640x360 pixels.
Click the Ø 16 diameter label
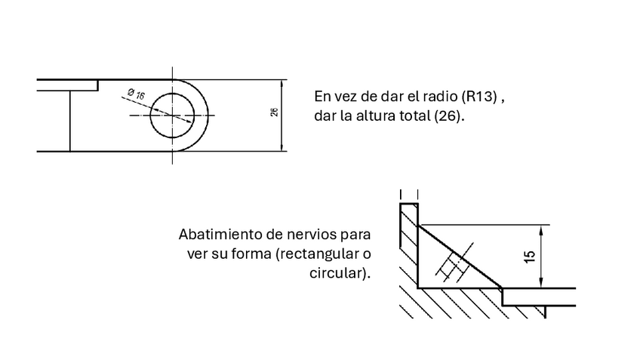(x=137, y=95)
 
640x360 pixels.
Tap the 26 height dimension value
(x=274, y=113)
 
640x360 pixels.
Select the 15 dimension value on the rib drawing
(x=531, y=257)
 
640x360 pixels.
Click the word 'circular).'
(x=340, y=272)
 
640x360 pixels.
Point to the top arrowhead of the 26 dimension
(x=282, y=83)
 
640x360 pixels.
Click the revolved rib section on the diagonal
(x=453, y=263)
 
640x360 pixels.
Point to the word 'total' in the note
(x=418, y=118)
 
